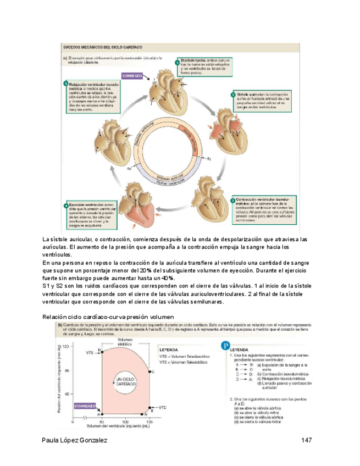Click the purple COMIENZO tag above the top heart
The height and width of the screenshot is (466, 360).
point(133,76)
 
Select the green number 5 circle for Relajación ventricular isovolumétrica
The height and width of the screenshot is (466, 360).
point(65,83)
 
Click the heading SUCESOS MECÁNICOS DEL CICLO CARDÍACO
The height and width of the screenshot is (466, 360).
point(103,48)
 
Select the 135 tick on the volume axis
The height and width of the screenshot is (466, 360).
point(150,422)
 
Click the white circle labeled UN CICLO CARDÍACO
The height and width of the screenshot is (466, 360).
point(126,382)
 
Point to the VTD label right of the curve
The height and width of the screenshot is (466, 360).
point(163,408)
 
